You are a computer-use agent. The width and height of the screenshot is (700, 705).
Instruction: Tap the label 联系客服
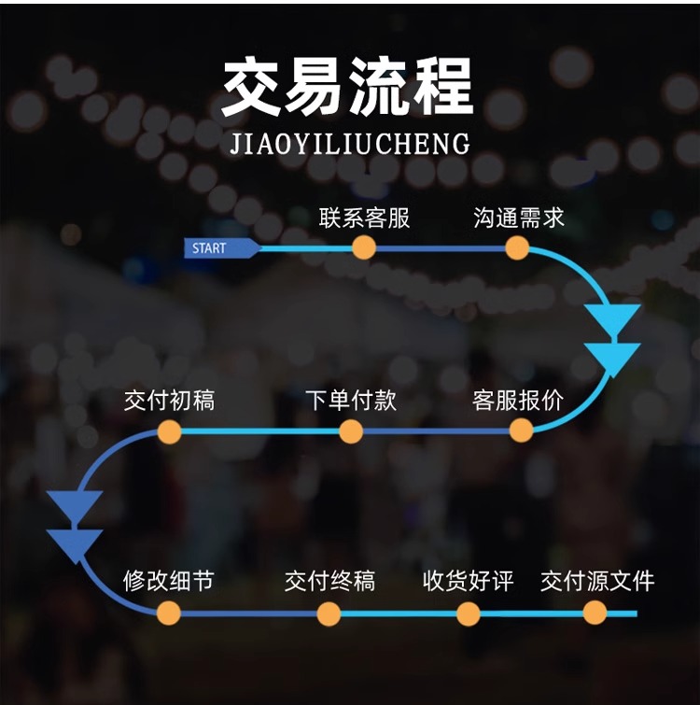click(364, 219)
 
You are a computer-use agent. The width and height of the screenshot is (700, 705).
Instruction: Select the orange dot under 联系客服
click(364, 247)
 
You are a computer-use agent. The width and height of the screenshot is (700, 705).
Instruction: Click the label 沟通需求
click(519, 219)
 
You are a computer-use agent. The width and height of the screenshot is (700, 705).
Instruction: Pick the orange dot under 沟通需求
click(518, 247)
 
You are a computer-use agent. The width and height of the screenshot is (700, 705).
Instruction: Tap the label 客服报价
click(519, 401)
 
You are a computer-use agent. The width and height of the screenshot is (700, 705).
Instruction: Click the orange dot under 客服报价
click(521, 430)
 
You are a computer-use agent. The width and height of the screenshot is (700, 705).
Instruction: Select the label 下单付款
click(351, 401)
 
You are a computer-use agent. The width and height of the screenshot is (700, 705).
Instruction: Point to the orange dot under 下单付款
click(351, 431)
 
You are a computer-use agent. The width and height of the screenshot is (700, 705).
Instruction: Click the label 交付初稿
click(169, 401)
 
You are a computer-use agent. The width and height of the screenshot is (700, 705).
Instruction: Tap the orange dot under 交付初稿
click(169, 431)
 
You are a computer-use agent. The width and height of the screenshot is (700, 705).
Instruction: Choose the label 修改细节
click(169, 581)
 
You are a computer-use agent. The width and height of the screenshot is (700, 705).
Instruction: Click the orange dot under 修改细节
click(169, 613)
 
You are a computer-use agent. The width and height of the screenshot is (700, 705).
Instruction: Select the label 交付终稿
click(329, 581)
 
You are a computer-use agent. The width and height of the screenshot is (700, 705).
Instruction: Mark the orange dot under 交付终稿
click(329, 613)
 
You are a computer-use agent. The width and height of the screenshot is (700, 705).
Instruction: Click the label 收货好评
click(469, 581)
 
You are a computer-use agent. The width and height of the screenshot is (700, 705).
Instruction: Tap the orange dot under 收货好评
click(469, 613)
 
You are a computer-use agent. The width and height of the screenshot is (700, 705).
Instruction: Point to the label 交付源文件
click(597, 581)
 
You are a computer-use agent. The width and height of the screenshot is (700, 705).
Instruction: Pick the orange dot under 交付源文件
click(595, 613)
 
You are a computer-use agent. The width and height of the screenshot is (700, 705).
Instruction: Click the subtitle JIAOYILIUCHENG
click(349, 144)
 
